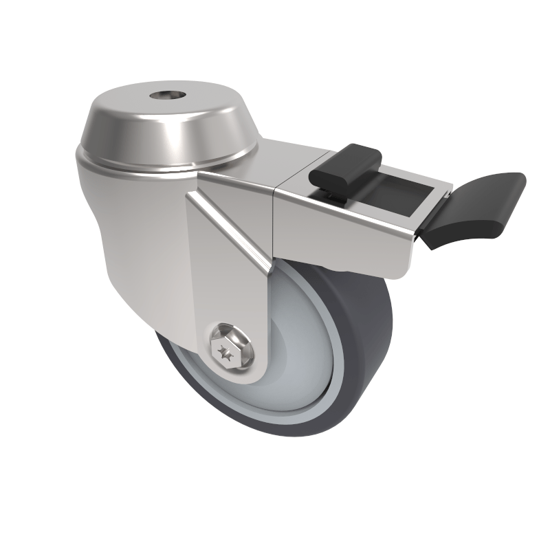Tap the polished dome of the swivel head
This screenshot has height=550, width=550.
(131, 124)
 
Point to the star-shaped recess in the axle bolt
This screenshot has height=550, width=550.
(225, 353)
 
